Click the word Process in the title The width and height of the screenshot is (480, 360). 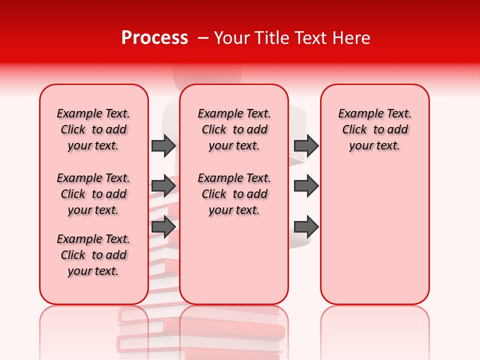point(154,38)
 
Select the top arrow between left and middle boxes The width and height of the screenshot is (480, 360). point(163,145)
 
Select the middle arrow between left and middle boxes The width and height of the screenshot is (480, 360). point(163,186)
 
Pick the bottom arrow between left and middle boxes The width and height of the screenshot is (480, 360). point(163,226)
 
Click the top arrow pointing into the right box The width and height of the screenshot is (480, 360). point(306,145)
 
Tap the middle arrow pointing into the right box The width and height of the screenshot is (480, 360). point(306,186)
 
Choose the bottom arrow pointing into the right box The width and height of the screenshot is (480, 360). point(306,227)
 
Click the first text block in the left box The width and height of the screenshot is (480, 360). point(93,129)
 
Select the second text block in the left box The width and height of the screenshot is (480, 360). point(93,194)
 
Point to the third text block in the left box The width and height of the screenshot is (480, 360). point(93,255)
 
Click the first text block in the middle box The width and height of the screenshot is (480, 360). point(234,129)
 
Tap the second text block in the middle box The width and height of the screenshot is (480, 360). point(234,194)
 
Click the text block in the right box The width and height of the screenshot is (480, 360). point(375,129)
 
